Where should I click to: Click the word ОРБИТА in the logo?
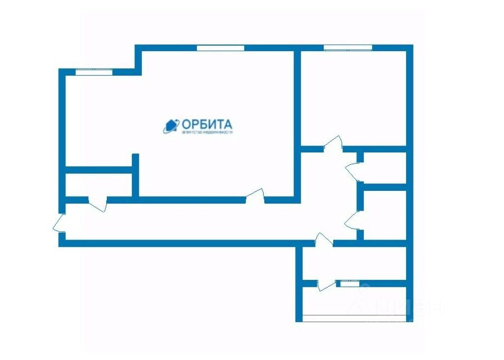(207, 123)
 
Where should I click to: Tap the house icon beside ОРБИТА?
(170, 126)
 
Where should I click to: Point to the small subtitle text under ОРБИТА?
(207, 132)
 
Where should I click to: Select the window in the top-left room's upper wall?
(94, 72)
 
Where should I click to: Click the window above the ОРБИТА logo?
(220, 48)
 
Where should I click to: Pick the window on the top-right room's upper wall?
(347, 48)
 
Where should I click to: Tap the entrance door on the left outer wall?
(60, 224)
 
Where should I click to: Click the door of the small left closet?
(97, 202)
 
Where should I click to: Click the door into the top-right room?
(333, 146)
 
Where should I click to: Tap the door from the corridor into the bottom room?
(323, 241)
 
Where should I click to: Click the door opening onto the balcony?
(326, 284)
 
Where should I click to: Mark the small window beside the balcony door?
(350, 284)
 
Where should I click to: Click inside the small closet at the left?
(98, 184)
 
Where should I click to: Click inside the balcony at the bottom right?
(354, 302)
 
